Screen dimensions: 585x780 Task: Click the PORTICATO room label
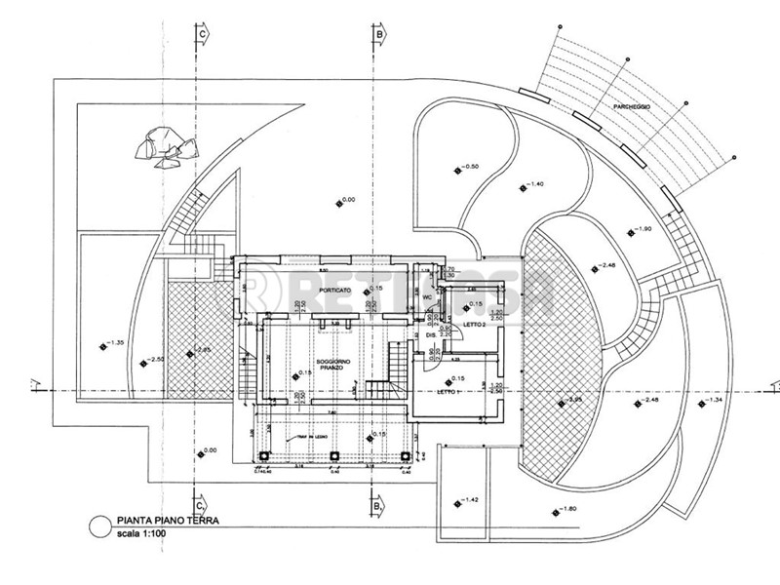coord(333,264)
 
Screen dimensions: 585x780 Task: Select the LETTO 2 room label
coord(474,323)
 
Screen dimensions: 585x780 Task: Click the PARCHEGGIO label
coord(633,104)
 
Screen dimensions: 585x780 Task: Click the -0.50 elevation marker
coord(468,167)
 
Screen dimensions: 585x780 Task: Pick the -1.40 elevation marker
coord(532,183)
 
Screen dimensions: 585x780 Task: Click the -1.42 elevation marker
coord(467,500)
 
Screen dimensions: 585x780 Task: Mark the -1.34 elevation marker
coord(712,401)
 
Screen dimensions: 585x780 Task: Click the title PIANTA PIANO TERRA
coord(163,523)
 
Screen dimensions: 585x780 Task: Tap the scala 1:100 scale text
coord(143,534)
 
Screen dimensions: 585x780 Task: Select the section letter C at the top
coord(202,32)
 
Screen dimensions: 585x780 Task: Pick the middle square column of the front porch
coord(334,455)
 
